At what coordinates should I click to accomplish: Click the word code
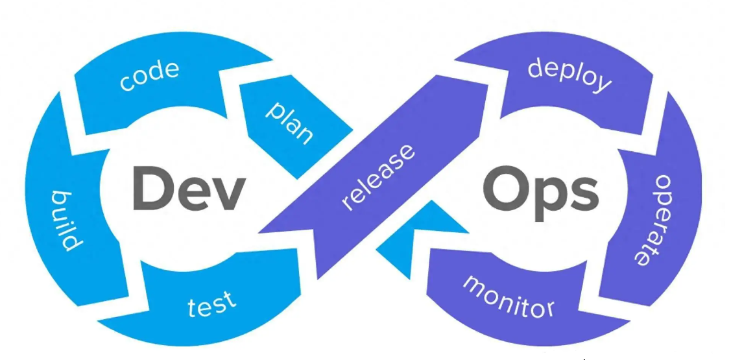(149, 77)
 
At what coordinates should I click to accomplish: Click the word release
(378, 177)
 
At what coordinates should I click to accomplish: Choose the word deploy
(569, 75)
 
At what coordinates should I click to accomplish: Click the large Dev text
(189, 188)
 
